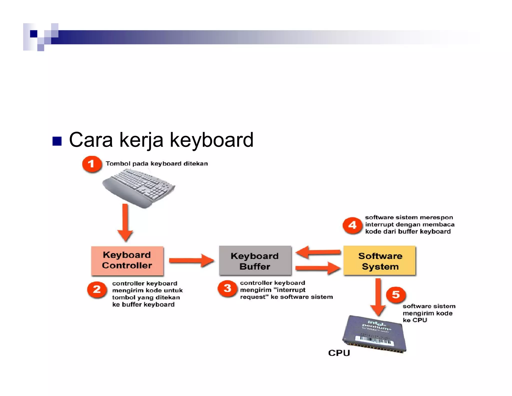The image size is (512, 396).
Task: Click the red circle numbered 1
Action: click(92, 164)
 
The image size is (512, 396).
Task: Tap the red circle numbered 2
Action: click(97, 290)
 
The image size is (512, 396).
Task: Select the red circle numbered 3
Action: click(227, 288)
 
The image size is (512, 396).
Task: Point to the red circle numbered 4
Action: click(352, 225)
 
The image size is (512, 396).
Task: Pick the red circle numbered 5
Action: click(396, 295)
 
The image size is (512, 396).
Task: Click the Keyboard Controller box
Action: click(127, 261)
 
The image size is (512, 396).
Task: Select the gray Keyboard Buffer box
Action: click(255, 261)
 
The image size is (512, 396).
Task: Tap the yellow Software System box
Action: click(379, 261)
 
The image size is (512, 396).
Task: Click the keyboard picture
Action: click(139, 188)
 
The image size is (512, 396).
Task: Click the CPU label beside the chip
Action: click(339, 353)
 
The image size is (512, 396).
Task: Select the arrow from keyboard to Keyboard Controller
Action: click(125, 222)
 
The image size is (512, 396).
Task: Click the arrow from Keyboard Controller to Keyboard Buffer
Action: click(191, 261)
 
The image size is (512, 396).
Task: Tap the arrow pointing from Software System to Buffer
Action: click(318, 252)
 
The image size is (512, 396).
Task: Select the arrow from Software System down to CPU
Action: click(378, 297)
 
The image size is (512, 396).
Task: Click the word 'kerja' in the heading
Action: click(141, 140)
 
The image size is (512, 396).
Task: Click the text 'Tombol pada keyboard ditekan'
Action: click(156, 164)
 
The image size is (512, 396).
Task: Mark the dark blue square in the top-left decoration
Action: click(33, 34)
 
